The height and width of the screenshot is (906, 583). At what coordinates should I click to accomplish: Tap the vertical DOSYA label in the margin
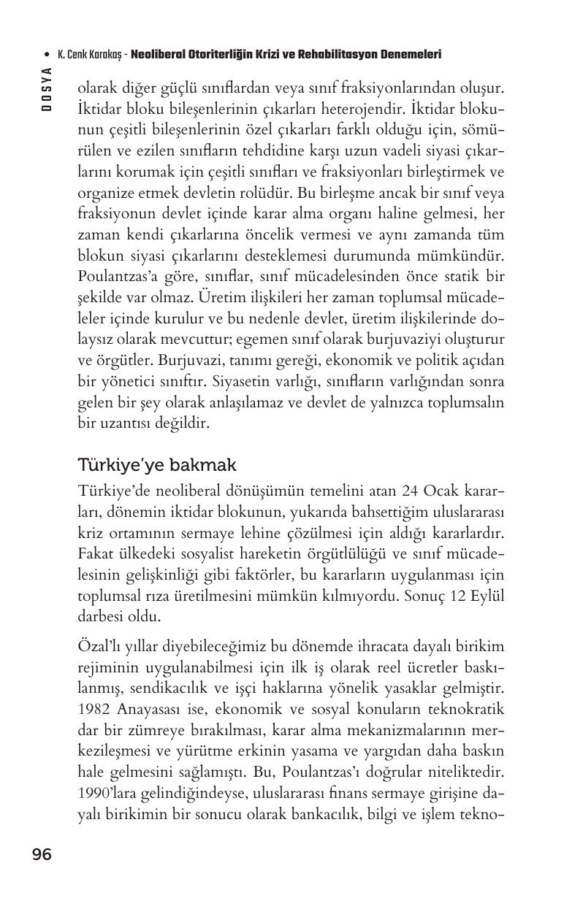tap(46, 88)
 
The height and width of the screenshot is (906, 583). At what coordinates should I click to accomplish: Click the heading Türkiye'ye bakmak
tap(156, 465)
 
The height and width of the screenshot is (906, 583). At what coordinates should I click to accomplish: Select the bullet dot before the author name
tap(47, 55)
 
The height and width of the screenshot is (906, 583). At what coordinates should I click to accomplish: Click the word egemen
tap(285, 339)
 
